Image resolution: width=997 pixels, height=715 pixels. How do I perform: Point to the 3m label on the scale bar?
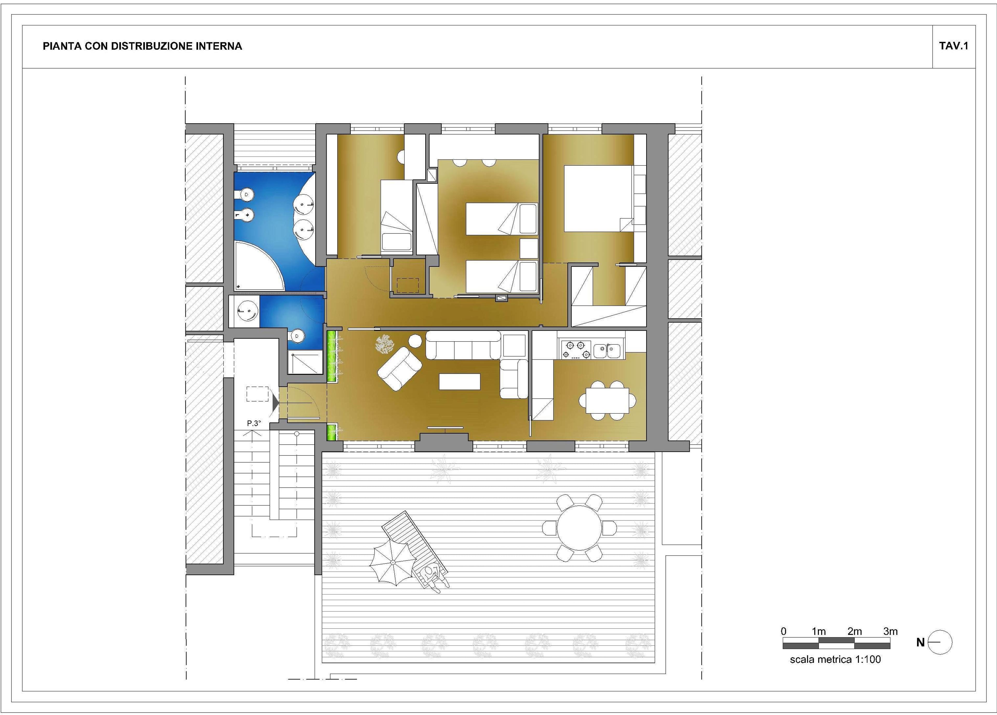point(890,631)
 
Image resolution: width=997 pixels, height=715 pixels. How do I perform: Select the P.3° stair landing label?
point(254,423)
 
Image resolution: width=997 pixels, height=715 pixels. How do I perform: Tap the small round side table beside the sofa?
point(415,340)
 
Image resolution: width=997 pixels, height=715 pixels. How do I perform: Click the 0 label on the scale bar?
point(783,631)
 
